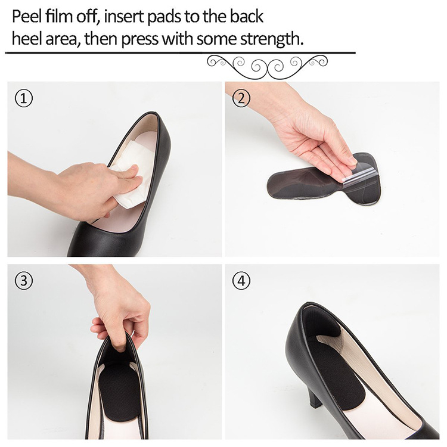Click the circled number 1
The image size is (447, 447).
point(23,99)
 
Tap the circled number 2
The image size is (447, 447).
point(241,99)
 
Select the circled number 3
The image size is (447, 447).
point(23,281)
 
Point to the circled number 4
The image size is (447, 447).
point(241,281)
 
